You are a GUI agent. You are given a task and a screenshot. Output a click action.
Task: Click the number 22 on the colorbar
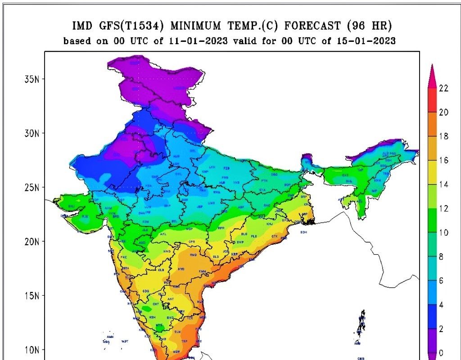443,88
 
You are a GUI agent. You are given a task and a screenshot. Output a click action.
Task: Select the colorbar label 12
443,208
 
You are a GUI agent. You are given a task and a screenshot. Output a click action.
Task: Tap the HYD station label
181,269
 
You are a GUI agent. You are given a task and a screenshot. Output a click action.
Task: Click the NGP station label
189,229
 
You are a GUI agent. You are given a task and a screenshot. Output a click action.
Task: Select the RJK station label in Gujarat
86,216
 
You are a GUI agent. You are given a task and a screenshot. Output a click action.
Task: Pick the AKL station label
164,234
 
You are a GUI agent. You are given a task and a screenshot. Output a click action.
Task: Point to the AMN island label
110,337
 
